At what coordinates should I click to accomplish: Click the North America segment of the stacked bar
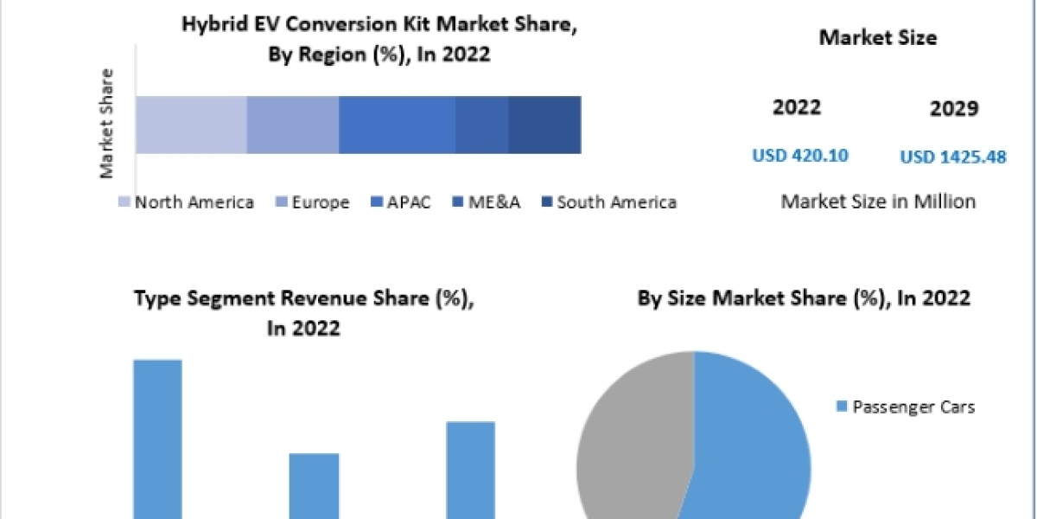[x=191, y=125]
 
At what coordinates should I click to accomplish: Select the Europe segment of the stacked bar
[x=293, y=125]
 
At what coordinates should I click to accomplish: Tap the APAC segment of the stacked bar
[x=397, y=125]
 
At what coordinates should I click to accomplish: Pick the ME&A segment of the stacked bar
[x=481, y=125]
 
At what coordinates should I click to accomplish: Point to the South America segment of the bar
[x=544, y=125]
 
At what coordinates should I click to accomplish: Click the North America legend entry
[x=187, y=202]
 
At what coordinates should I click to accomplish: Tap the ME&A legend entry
[x=487, y=202]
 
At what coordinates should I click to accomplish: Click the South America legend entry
[x=608, y=202]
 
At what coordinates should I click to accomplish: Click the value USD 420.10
[x=800, y=156]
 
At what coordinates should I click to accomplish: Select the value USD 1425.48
[x=953, y=157]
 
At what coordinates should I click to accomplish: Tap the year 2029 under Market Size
[x=954, y=109]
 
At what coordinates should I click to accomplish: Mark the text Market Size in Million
[x=878, y=202]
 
